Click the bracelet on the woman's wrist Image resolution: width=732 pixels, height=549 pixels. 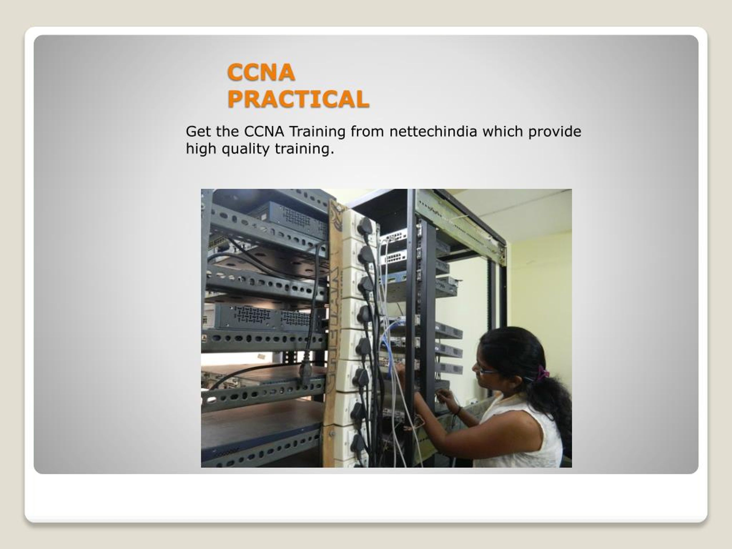pyautogui.click(x=459, y=411)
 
